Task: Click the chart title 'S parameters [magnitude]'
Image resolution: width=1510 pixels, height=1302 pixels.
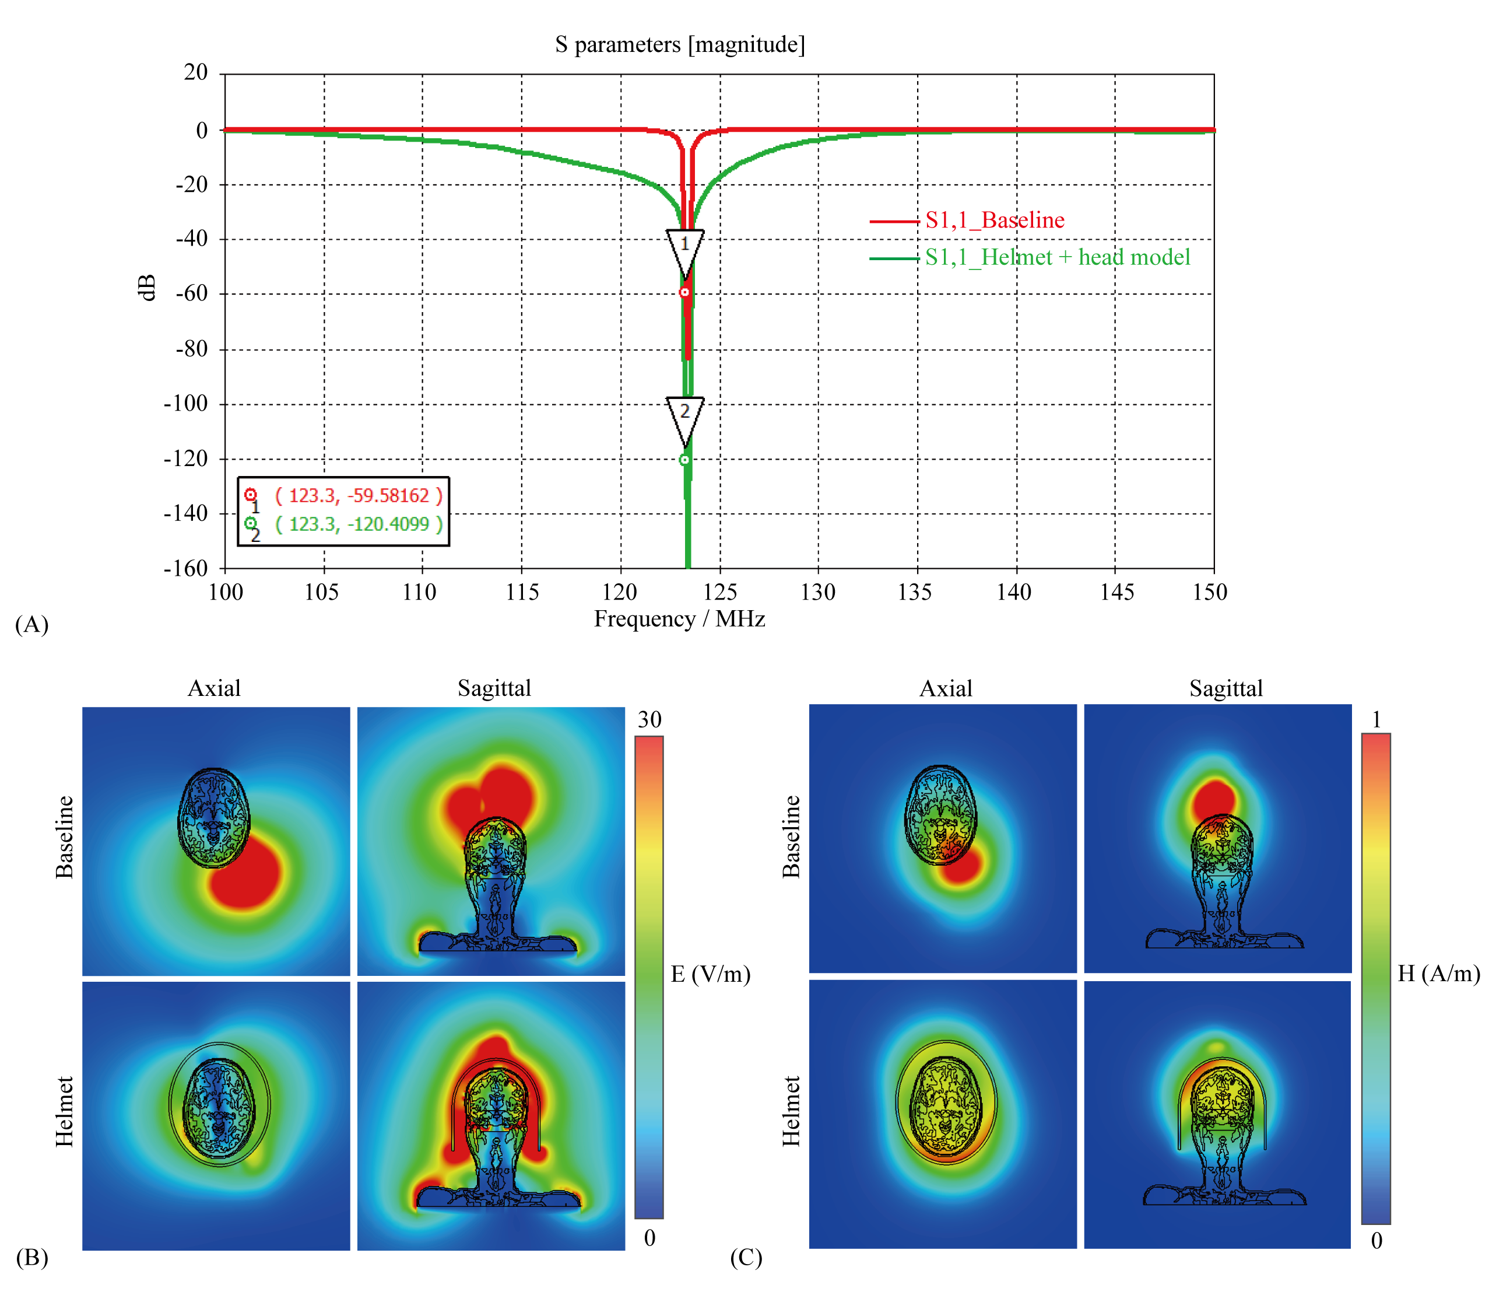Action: pyautogui.click(x=679, y=45)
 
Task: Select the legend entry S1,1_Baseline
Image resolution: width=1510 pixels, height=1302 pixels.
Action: pyautogui.click(x=994, y=220)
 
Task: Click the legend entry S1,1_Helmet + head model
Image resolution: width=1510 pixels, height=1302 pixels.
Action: pyautogui.click(x=1056, y=257)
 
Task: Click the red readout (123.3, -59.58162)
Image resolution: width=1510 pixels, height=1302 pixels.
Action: pyautogui.click(x=359, y=496)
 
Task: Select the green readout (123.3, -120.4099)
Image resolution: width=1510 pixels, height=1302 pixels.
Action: pyautogui.click(x=359, y=524)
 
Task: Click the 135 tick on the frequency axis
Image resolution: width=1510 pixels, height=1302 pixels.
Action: pyautogui.click(x=915, y=592)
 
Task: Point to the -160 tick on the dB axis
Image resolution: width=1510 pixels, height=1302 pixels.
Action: pyautogui.click(x=186, y=568)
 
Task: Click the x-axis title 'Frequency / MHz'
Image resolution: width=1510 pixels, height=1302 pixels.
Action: pyautogui.click(x=679, y=619)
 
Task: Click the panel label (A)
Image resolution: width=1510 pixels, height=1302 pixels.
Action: pyautogui.click(x=31, y=625)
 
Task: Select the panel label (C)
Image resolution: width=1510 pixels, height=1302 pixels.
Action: pyautogui.click(x=746, y=1258)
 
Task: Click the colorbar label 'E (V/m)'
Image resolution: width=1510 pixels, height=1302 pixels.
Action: pyautogui.click(x=710, y=974)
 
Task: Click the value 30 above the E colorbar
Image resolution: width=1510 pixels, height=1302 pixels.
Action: pyautogui.click(x=649, y=720)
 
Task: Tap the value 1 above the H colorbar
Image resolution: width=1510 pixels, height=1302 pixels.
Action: pyautogui.click(x=1376, y=720)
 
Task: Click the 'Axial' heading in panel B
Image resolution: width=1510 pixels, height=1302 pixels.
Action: pyautogui.click(x=215, y=688)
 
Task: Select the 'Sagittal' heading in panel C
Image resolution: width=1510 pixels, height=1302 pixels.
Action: pyautogui.click(x=1225, y=688)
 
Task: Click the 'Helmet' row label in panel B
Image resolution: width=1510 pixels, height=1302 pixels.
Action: pyautogui.click(x=65, y=1111)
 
